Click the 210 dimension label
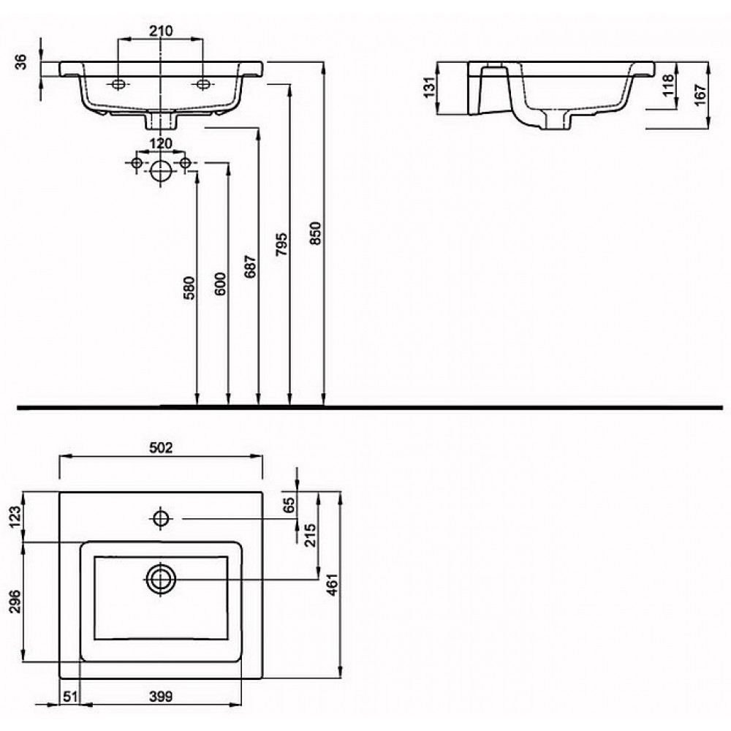click(161, 31)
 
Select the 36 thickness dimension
click(21, 61)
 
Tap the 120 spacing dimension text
click(160, 143)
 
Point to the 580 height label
click(189, 287)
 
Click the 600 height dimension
click(220, 284)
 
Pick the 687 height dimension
click(251, 267)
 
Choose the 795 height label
click(281, 244)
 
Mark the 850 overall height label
click(316, 233)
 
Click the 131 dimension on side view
click(429, 87)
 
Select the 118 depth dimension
click(668, 86)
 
